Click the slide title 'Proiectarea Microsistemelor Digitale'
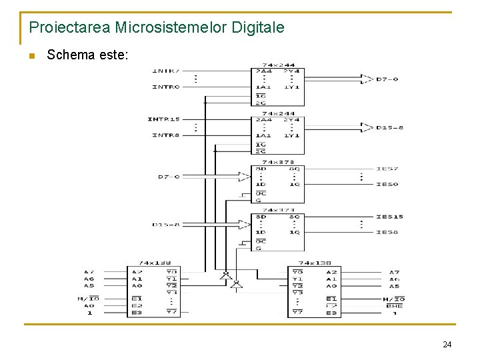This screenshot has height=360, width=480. click(157, 27)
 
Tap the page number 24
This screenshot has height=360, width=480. click(447, 345)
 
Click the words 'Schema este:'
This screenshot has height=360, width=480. click(85, 55)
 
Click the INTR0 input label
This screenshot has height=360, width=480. click(165, 87)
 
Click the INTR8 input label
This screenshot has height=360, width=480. click(165, 135)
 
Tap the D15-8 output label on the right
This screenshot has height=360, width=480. click(390, 127)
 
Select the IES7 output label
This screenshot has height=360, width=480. click(387, 169)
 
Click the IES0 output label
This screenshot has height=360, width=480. click(387, 184)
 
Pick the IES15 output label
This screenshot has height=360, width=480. click(389, 217)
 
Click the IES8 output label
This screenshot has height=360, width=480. click(387, 232)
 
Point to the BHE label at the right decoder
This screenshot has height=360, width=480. click(394, 305)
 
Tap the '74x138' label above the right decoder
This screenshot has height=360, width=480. click(314, 263)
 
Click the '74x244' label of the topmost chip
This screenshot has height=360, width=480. click(277, 65)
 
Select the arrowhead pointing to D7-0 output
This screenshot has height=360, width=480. click(367, 79)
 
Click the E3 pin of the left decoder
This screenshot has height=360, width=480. click(136, 312)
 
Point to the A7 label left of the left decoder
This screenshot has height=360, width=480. click(89, 272)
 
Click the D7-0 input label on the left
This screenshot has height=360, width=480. click(169, 177)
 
